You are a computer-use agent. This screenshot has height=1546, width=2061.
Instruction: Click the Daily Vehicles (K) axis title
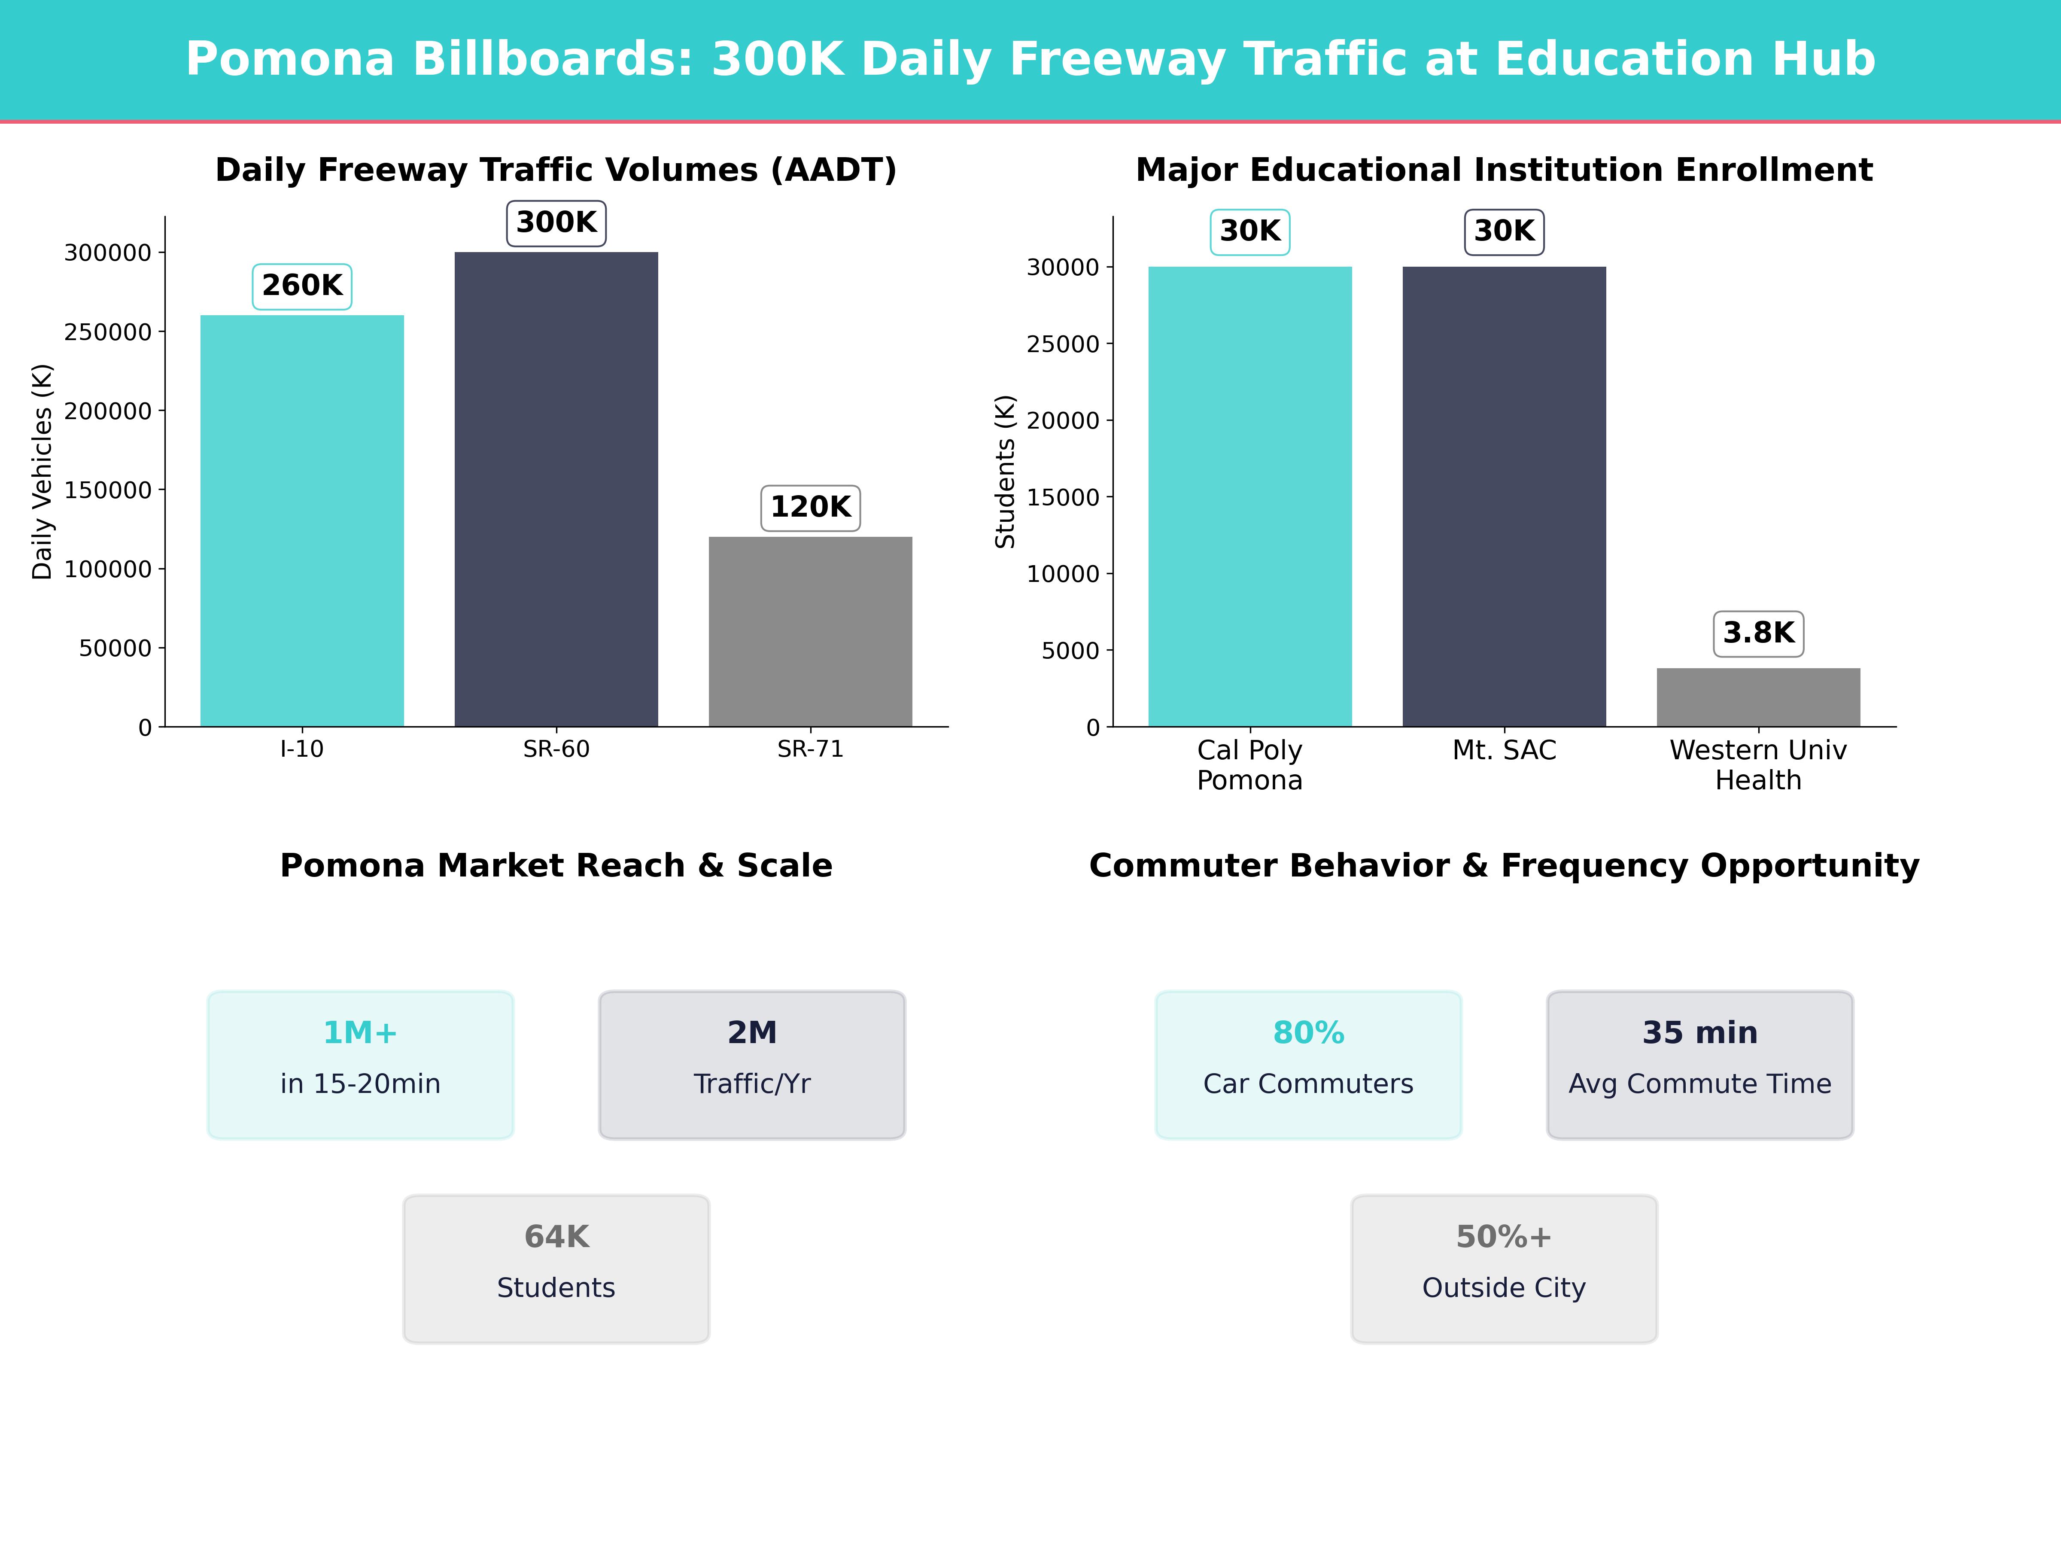pos(42,472)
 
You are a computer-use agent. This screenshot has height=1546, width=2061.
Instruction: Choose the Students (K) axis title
pos(1004,472)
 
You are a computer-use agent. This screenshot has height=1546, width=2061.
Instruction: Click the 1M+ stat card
pos(361,1064)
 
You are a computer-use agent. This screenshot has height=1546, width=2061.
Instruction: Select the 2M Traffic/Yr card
pos(752,1064)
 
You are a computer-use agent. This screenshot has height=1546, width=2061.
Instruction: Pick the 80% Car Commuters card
pos(1308,1064)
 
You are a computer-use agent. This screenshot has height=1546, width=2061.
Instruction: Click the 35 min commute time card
pos(1699,1064)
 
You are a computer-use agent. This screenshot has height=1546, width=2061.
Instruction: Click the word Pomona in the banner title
pos(290,60)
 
